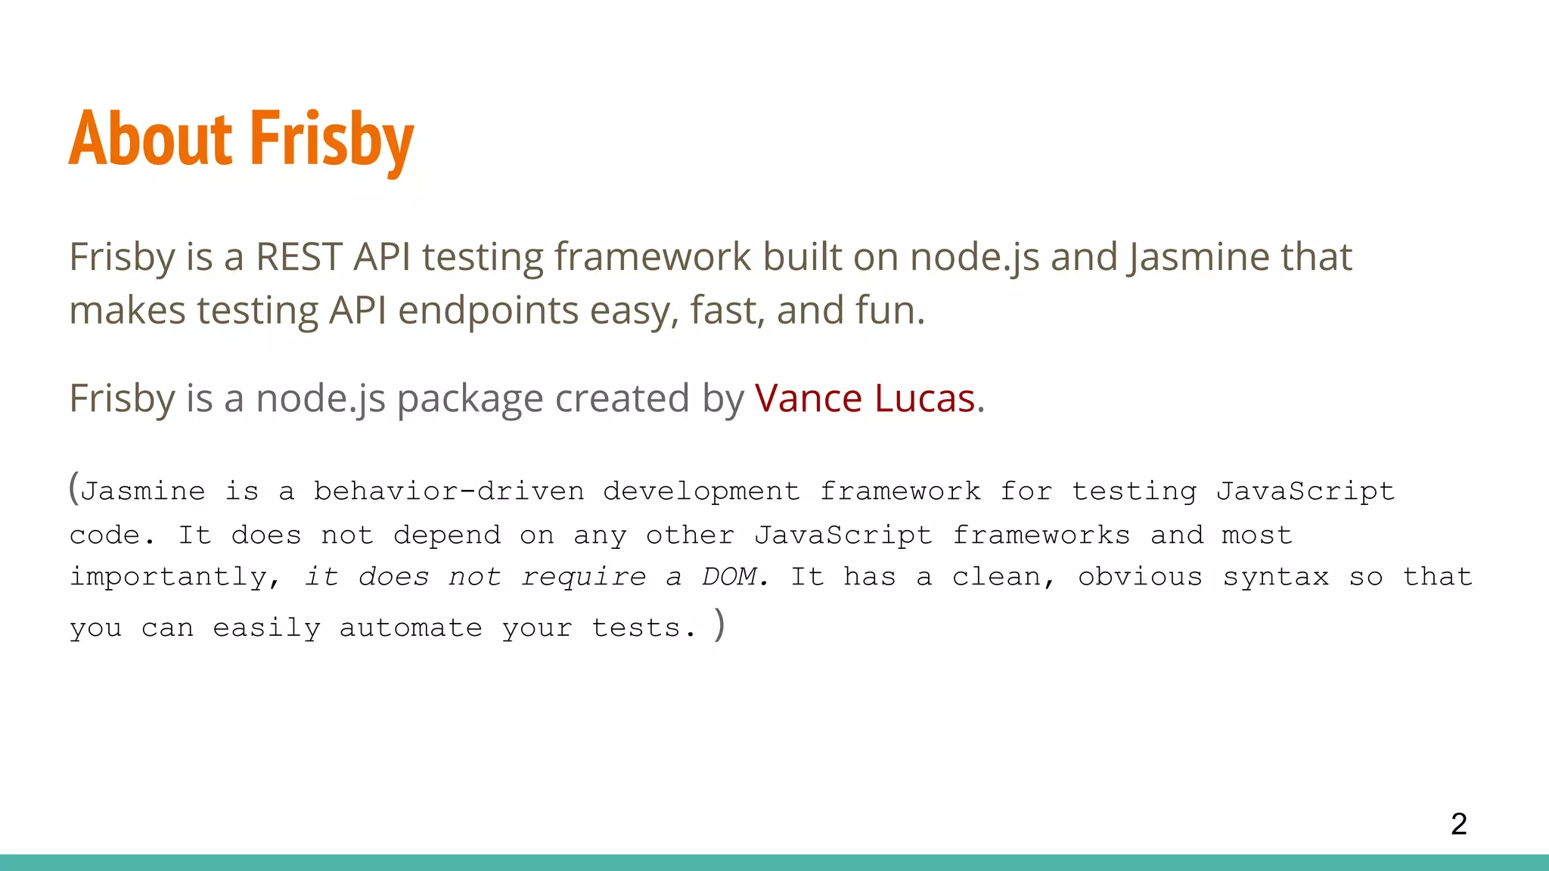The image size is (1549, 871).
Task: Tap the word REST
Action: pyautogui.click(x=299, y=257)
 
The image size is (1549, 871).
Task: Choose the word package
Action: pyautogui.click(x=470, y=399)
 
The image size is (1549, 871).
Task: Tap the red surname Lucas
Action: pyautogui.click(x=924, y=398)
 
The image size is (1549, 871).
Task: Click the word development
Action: pyautogui.click(x=701, y=491)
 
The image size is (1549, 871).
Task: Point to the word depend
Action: pyautogui.click(x=447, y=536)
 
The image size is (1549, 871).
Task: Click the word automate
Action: pyautogui.click(x=411, y=628)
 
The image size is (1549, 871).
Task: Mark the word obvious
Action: pyautogui.click(x=1140, y=577)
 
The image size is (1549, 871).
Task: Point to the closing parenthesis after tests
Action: pyautogui.click(x=719, y=625)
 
